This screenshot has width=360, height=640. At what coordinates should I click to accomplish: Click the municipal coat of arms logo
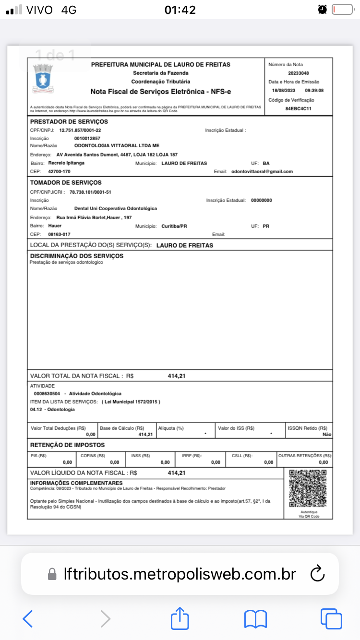43,78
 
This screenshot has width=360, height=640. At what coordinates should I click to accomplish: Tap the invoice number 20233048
299,73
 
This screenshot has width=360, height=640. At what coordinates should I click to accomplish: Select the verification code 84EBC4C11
299,109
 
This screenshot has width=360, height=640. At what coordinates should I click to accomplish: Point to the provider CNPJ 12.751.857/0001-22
80,130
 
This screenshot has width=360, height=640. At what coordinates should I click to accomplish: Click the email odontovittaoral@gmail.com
262,172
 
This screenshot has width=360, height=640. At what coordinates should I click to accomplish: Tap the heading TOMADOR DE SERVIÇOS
66,183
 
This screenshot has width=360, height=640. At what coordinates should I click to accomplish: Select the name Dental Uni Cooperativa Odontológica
116,209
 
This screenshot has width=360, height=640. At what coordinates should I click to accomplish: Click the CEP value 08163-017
60,234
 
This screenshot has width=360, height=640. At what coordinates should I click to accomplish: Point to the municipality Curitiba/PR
175,226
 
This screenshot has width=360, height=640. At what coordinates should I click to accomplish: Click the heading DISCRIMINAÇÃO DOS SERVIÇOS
77,256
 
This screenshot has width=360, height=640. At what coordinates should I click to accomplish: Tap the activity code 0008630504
47,393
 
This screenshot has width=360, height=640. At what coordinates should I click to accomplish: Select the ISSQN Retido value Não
327,434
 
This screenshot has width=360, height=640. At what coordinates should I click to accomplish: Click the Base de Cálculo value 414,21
145,434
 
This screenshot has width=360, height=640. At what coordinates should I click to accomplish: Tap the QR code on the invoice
308,489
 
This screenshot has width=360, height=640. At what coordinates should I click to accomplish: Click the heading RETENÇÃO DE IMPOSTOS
67,445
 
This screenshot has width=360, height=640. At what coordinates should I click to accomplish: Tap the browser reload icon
318,574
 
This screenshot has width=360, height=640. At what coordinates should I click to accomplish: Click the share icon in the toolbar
180,618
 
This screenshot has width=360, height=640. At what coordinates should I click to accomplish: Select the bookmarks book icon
255,618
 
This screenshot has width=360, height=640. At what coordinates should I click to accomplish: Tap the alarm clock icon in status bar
322,9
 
